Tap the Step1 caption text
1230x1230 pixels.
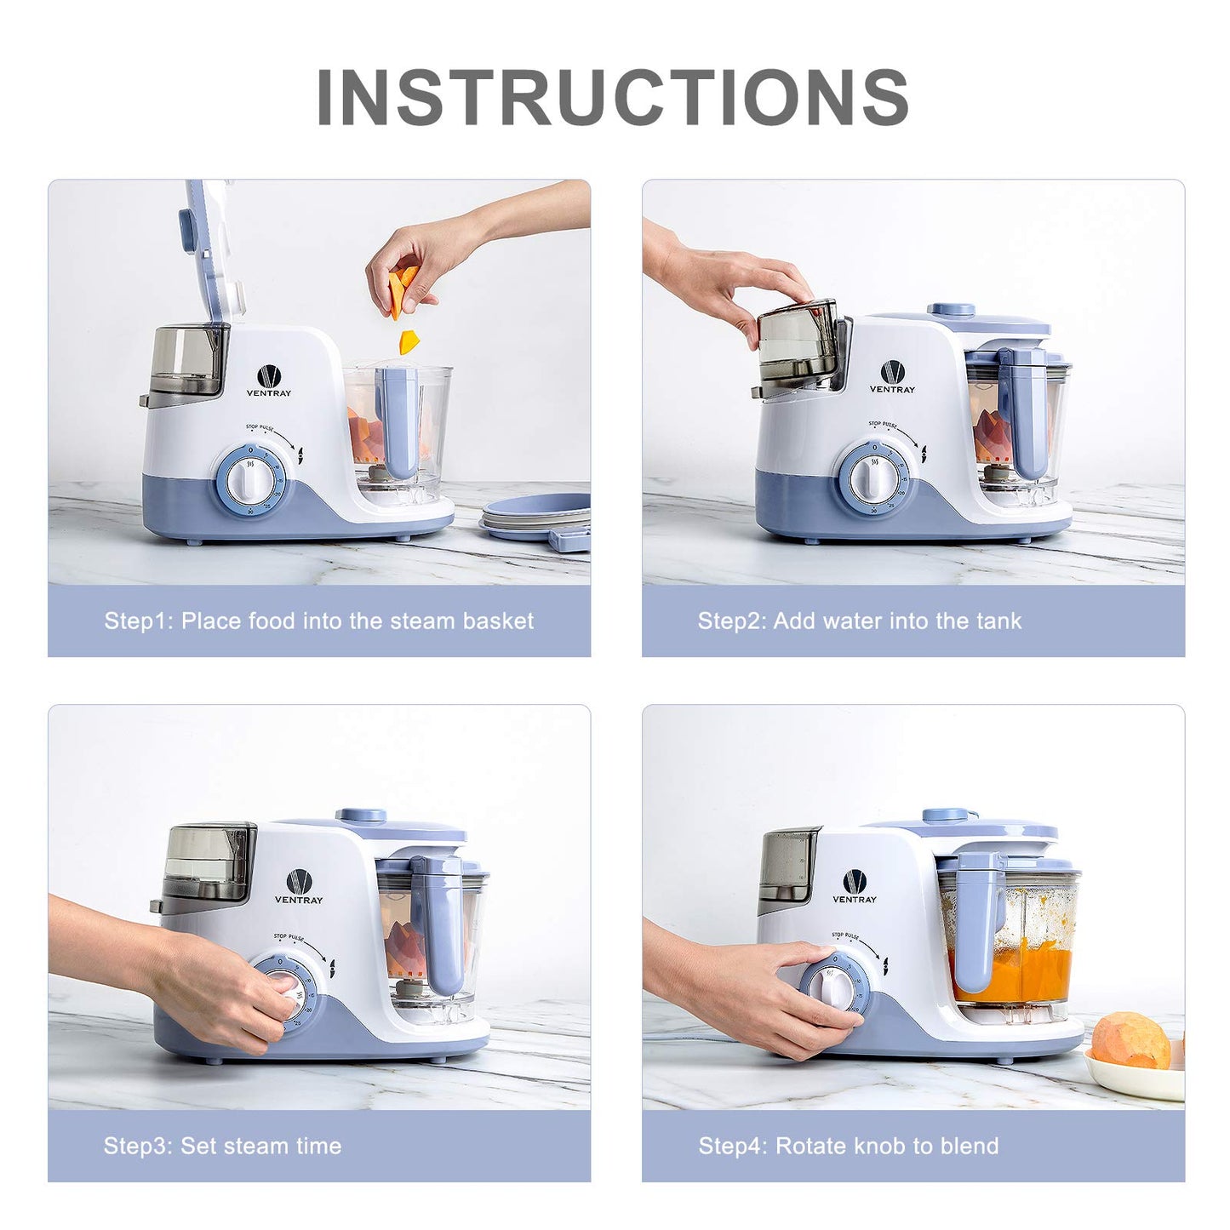(x=318, y=621)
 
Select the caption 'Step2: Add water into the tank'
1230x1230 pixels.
(x=859, y=621)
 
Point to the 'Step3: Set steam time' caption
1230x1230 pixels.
(x=222, y=1146)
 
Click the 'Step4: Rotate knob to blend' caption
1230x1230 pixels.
(x=848, y=1146)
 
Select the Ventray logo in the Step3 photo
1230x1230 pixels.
(x=298, y=886)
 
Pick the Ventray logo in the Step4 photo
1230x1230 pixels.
(x=854, y=886)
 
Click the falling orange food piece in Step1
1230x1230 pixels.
(x=409, y=341)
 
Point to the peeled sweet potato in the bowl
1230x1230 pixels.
(x=1130, y=1039)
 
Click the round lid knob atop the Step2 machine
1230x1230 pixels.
(x=951, y=310)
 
